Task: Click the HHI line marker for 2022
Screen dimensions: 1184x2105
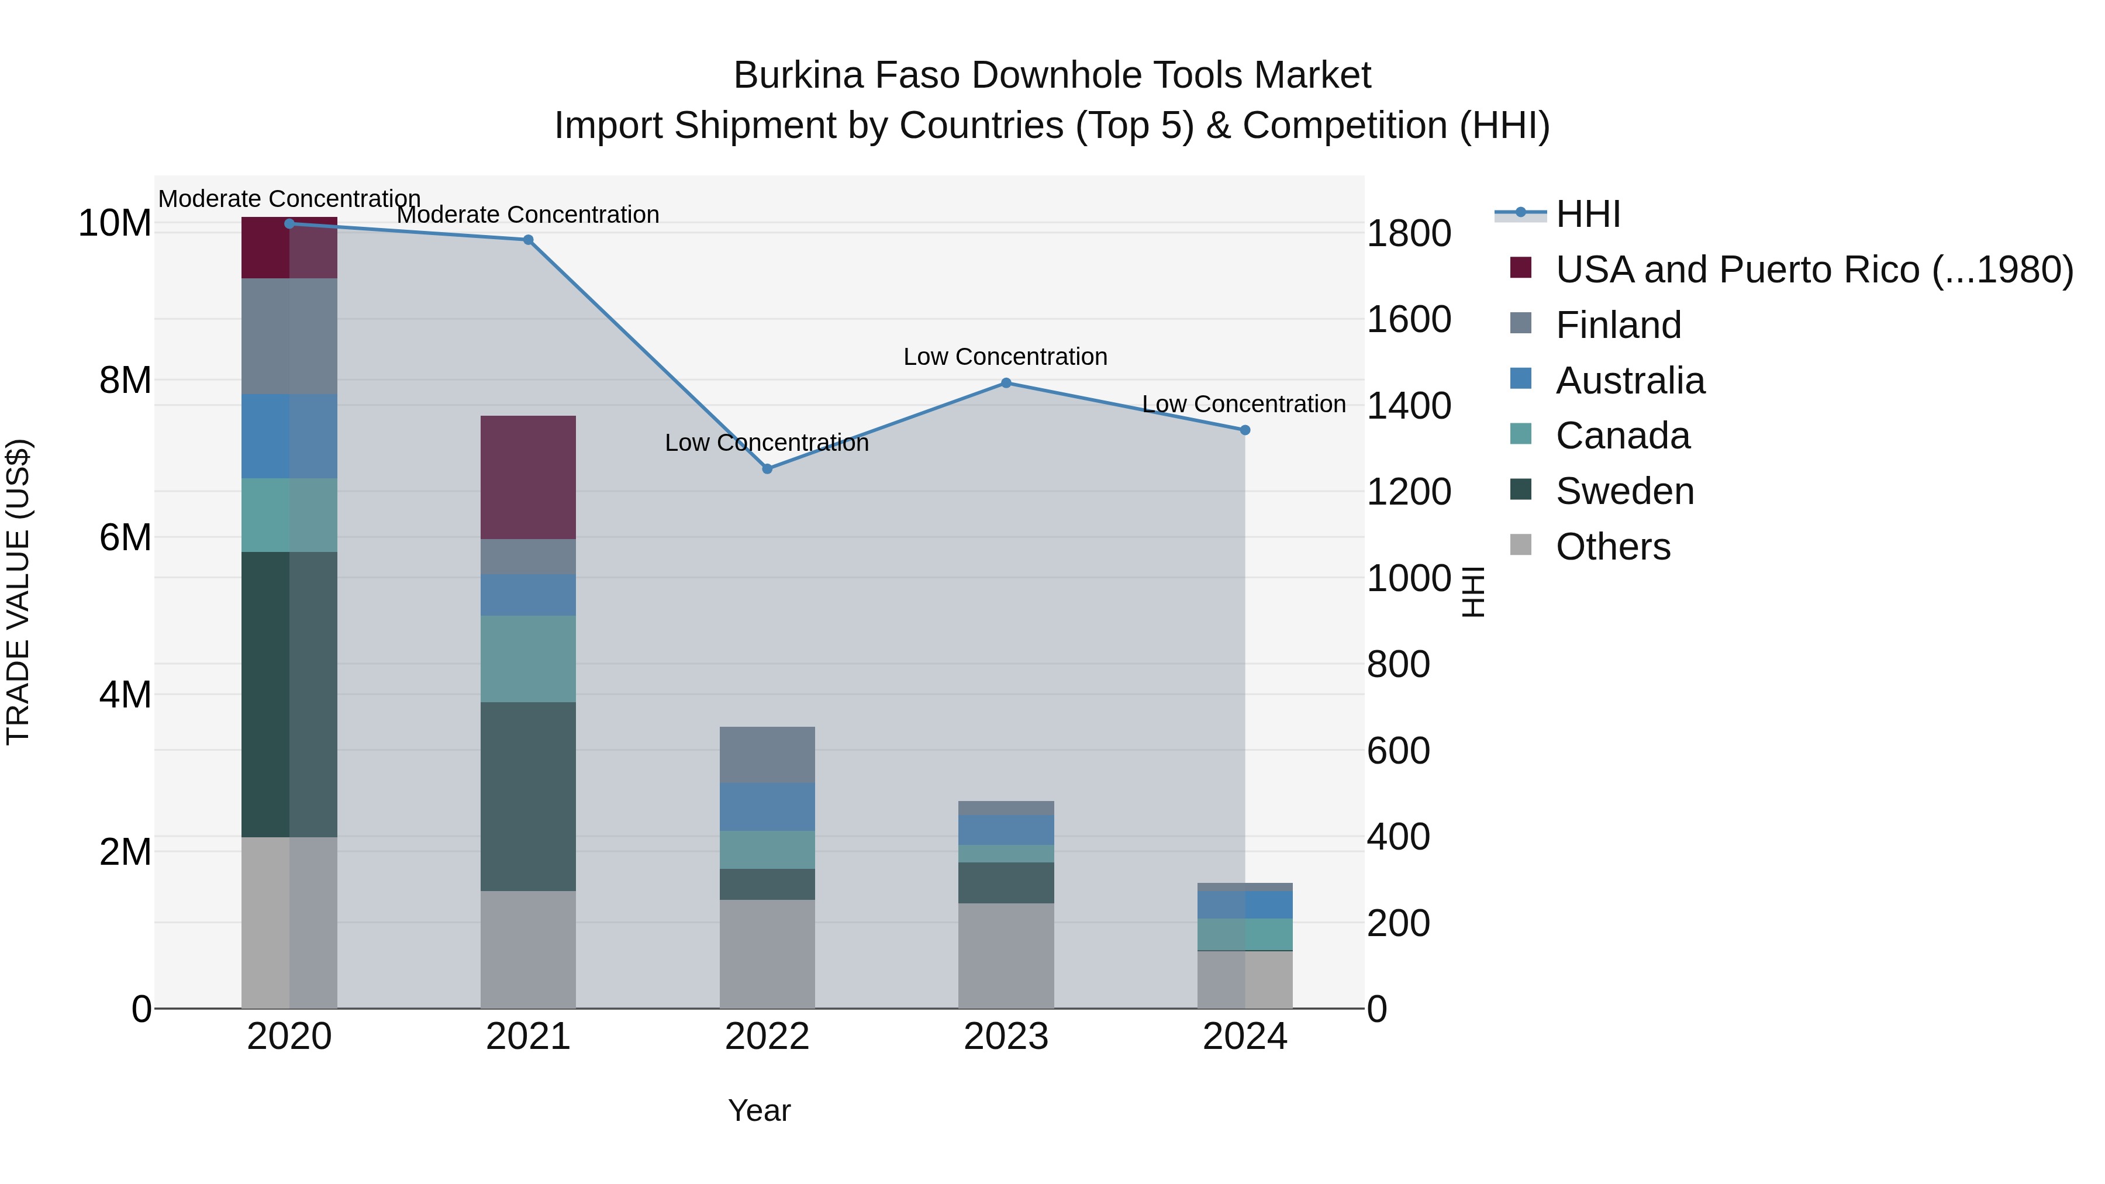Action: tap(767, 469)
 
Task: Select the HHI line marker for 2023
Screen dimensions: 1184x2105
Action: tap(1006, 383)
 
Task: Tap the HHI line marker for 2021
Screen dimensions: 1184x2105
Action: tap(528, 240)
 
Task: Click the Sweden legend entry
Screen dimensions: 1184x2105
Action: tap(1624, 491)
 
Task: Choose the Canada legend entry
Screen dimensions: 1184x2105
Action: tap(1622, 436)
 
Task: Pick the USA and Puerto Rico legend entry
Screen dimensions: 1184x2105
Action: tap(1813, 270)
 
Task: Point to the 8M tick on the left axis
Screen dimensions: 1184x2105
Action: tap(125, 381)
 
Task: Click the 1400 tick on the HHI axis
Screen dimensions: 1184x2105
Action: tap(1408, 406)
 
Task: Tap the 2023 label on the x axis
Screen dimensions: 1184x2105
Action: tap(1006, 1037)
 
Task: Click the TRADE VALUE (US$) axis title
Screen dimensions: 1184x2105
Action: tap(18, 592)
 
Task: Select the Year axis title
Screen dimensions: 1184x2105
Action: tap(759, 1110)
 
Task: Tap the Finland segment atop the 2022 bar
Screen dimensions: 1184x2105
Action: tap(767, 754)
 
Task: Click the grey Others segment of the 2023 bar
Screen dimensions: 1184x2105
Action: tap(1006, 955)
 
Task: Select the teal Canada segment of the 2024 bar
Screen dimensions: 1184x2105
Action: tap(1244, 934)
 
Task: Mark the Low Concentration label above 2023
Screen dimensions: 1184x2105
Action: tap(1005, 357)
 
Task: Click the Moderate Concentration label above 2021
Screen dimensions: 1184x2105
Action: tap(528, 215)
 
